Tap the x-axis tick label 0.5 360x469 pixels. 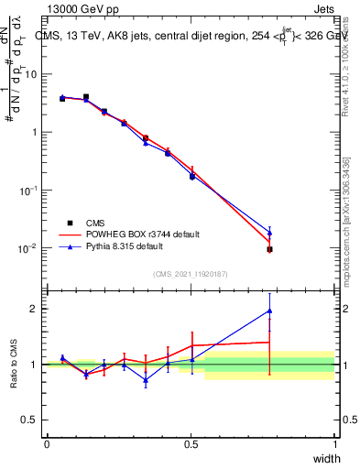pyautogui.click(x=191, y=443)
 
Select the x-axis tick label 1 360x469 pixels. pyautogui.click(x=335, y=443)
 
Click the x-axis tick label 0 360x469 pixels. pyautogui.click(x=47, y=443)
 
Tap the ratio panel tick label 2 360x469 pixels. pyautogui.click(x=36, y=309)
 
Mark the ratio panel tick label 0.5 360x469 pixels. pyautogui.click(x=32, y=420)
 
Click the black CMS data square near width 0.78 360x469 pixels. pyautogui.click(x=269, y=249)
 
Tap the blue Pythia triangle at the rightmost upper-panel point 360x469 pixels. pyautogui.click(x=269, y=232)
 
